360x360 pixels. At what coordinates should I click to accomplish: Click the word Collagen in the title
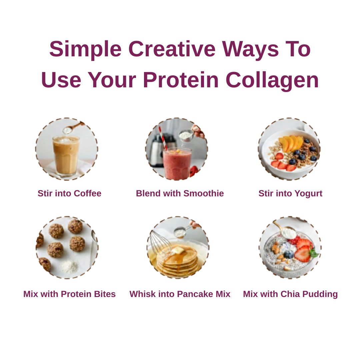pos(272,80)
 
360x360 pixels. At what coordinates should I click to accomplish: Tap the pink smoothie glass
pos(177,163)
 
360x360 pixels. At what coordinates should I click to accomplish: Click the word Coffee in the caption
pos(87,193)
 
